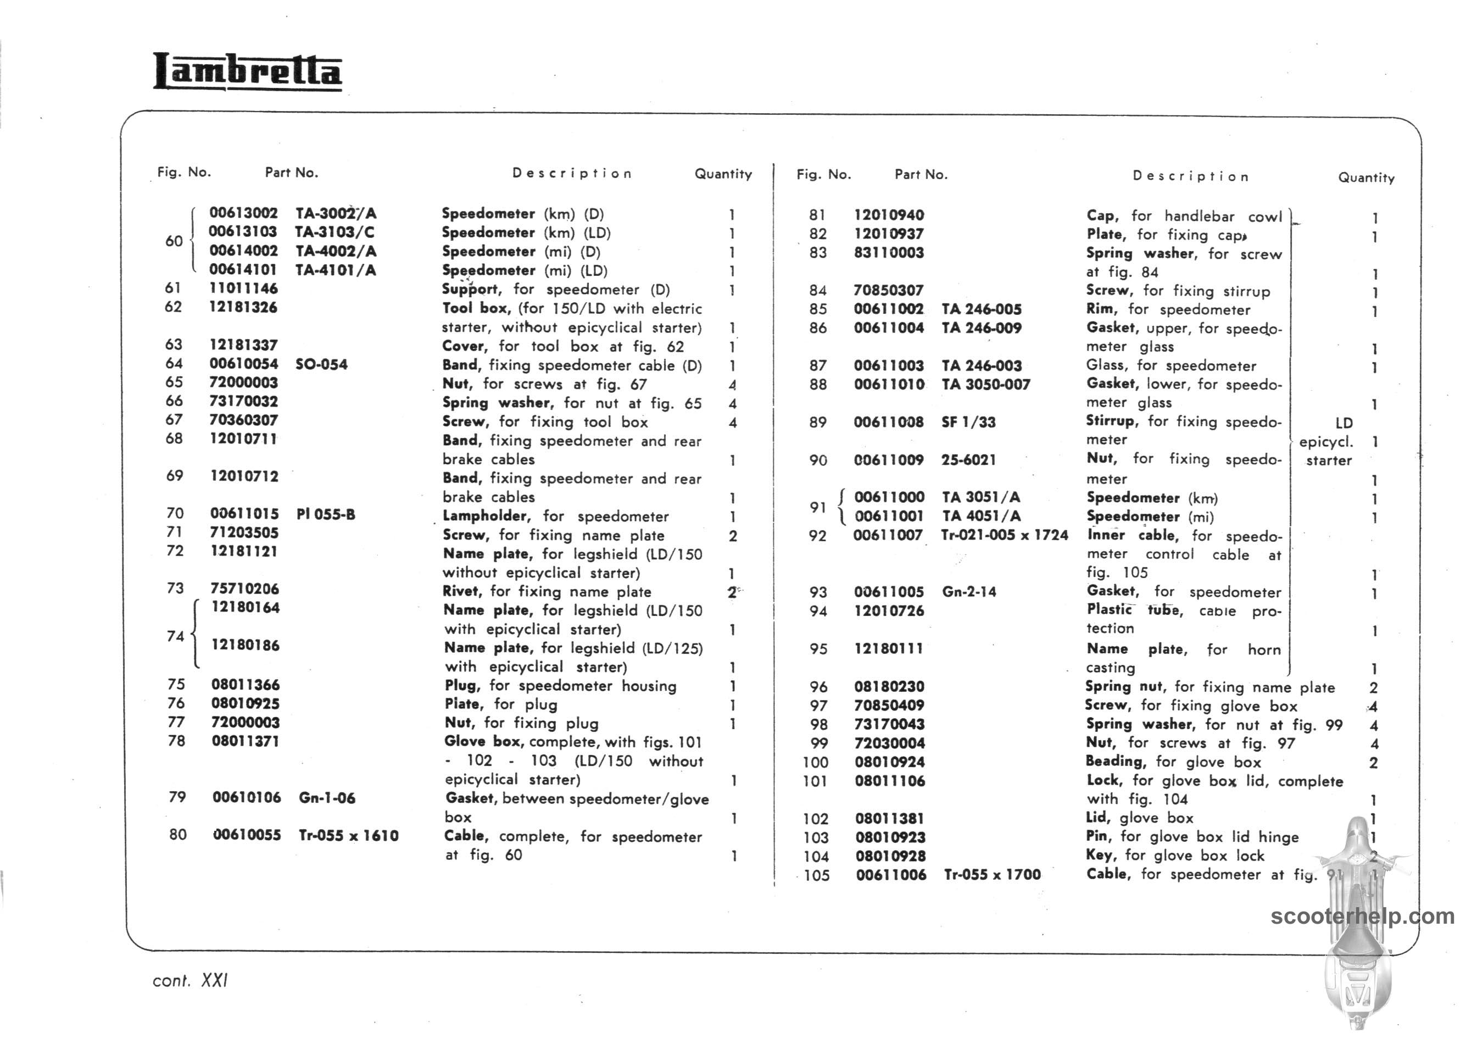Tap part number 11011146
(x=243, y=288)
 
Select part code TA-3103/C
(x=334, y=232)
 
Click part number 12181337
(x=243, y=345)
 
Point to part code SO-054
(x=321, y=364)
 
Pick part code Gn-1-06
(x=327, y=798)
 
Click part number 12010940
(x=889, y=215)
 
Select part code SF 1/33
(x=968, y=422)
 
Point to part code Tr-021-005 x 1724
(x=1005, y=535)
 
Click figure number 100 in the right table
(x=816, y=763)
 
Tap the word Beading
(x=1114, y=762)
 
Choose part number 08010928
(x=890, y=856)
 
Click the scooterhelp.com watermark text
(x=1362, y=917)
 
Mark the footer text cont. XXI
(x=190, y=980)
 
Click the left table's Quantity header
(x=723, y=174)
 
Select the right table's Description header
(x=1190, y=177)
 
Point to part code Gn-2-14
(x=969, y=592)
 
